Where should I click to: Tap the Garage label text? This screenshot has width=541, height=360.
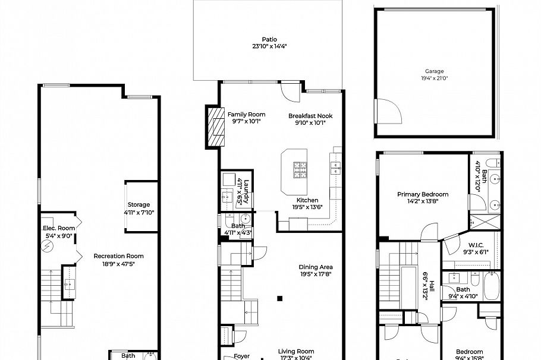click(x=434, y=71)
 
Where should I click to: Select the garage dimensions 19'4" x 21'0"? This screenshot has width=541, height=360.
click(x=434, y=78)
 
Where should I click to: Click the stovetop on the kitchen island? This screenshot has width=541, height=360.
click(x=299, y=170)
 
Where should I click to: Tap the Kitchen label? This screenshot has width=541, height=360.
click(x=307, y=200)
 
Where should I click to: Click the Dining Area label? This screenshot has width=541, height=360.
click(x=315, y=267)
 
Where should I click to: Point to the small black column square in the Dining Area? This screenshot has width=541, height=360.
click(x=281, y=298)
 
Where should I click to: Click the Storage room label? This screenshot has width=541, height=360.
click(x=139, y=205)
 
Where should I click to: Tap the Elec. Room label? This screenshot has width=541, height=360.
click(x=58, y=228)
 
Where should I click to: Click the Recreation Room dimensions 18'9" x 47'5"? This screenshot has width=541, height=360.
click(x=118, y=264)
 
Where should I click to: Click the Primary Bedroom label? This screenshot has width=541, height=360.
click(x=423, y=194)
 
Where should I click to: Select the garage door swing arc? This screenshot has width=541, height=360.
click(x=388, y=112)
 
